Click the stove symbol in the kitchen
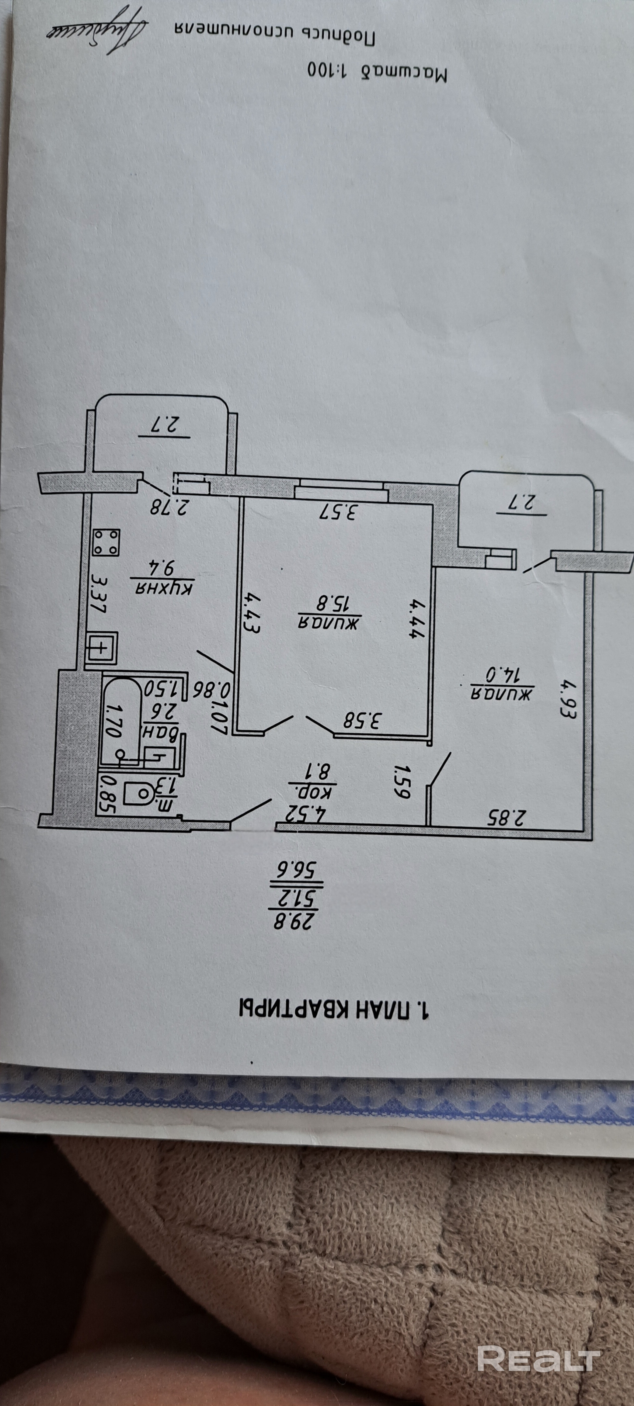click(106, 543)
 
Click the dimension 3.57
click(339, 512)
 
